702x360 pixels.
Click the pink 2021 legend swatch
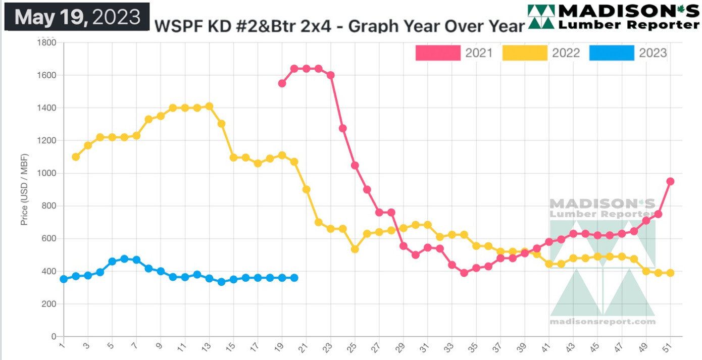coord(438,53)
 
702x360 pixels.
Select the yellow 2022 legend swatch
coord(525,53)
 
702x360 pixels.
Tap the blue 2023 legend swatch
coord(612,53)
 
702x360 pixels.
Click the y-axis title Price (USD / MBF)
coord(24,189)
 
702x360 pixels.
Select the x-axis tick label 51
coord(670,348)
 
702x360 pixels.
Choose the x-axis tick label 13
coord(209,348)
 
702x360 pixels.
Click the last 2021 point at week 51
coord(670,181)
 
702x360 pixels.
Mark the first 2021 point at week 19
coord(282,83)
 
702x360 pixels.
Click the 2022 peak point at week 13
coord(209,106)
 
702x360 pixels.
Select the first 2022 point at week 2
coord(76,157)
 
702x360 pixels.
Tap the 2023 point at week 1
coord(64,279)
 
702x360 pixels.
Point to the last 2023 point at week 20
coord(294,278)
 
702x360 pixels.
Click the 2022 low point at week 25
coord(355,249)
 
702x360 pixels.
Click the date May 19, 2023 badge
coord(77,17)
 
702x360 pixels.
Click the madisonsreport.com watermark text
coord(602,322)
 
